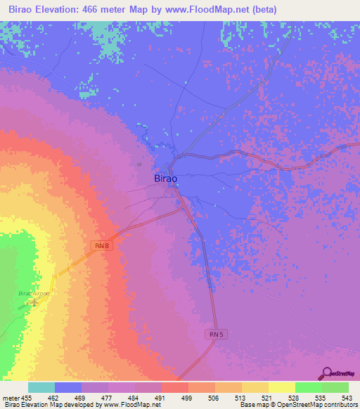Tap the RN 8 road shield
click(x=102, y=245)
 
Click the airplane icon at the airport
click(x=34, y=303)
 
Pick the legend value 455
click(x=27, y=397)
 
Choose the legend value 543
click(x=347, y=397)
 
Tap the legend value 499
click(x=187, y=397)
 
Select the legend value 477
click(x=107, y=397)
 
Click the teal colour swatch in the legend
click(x=41, y=387)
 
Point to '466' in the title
click(x=102, y=10)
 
